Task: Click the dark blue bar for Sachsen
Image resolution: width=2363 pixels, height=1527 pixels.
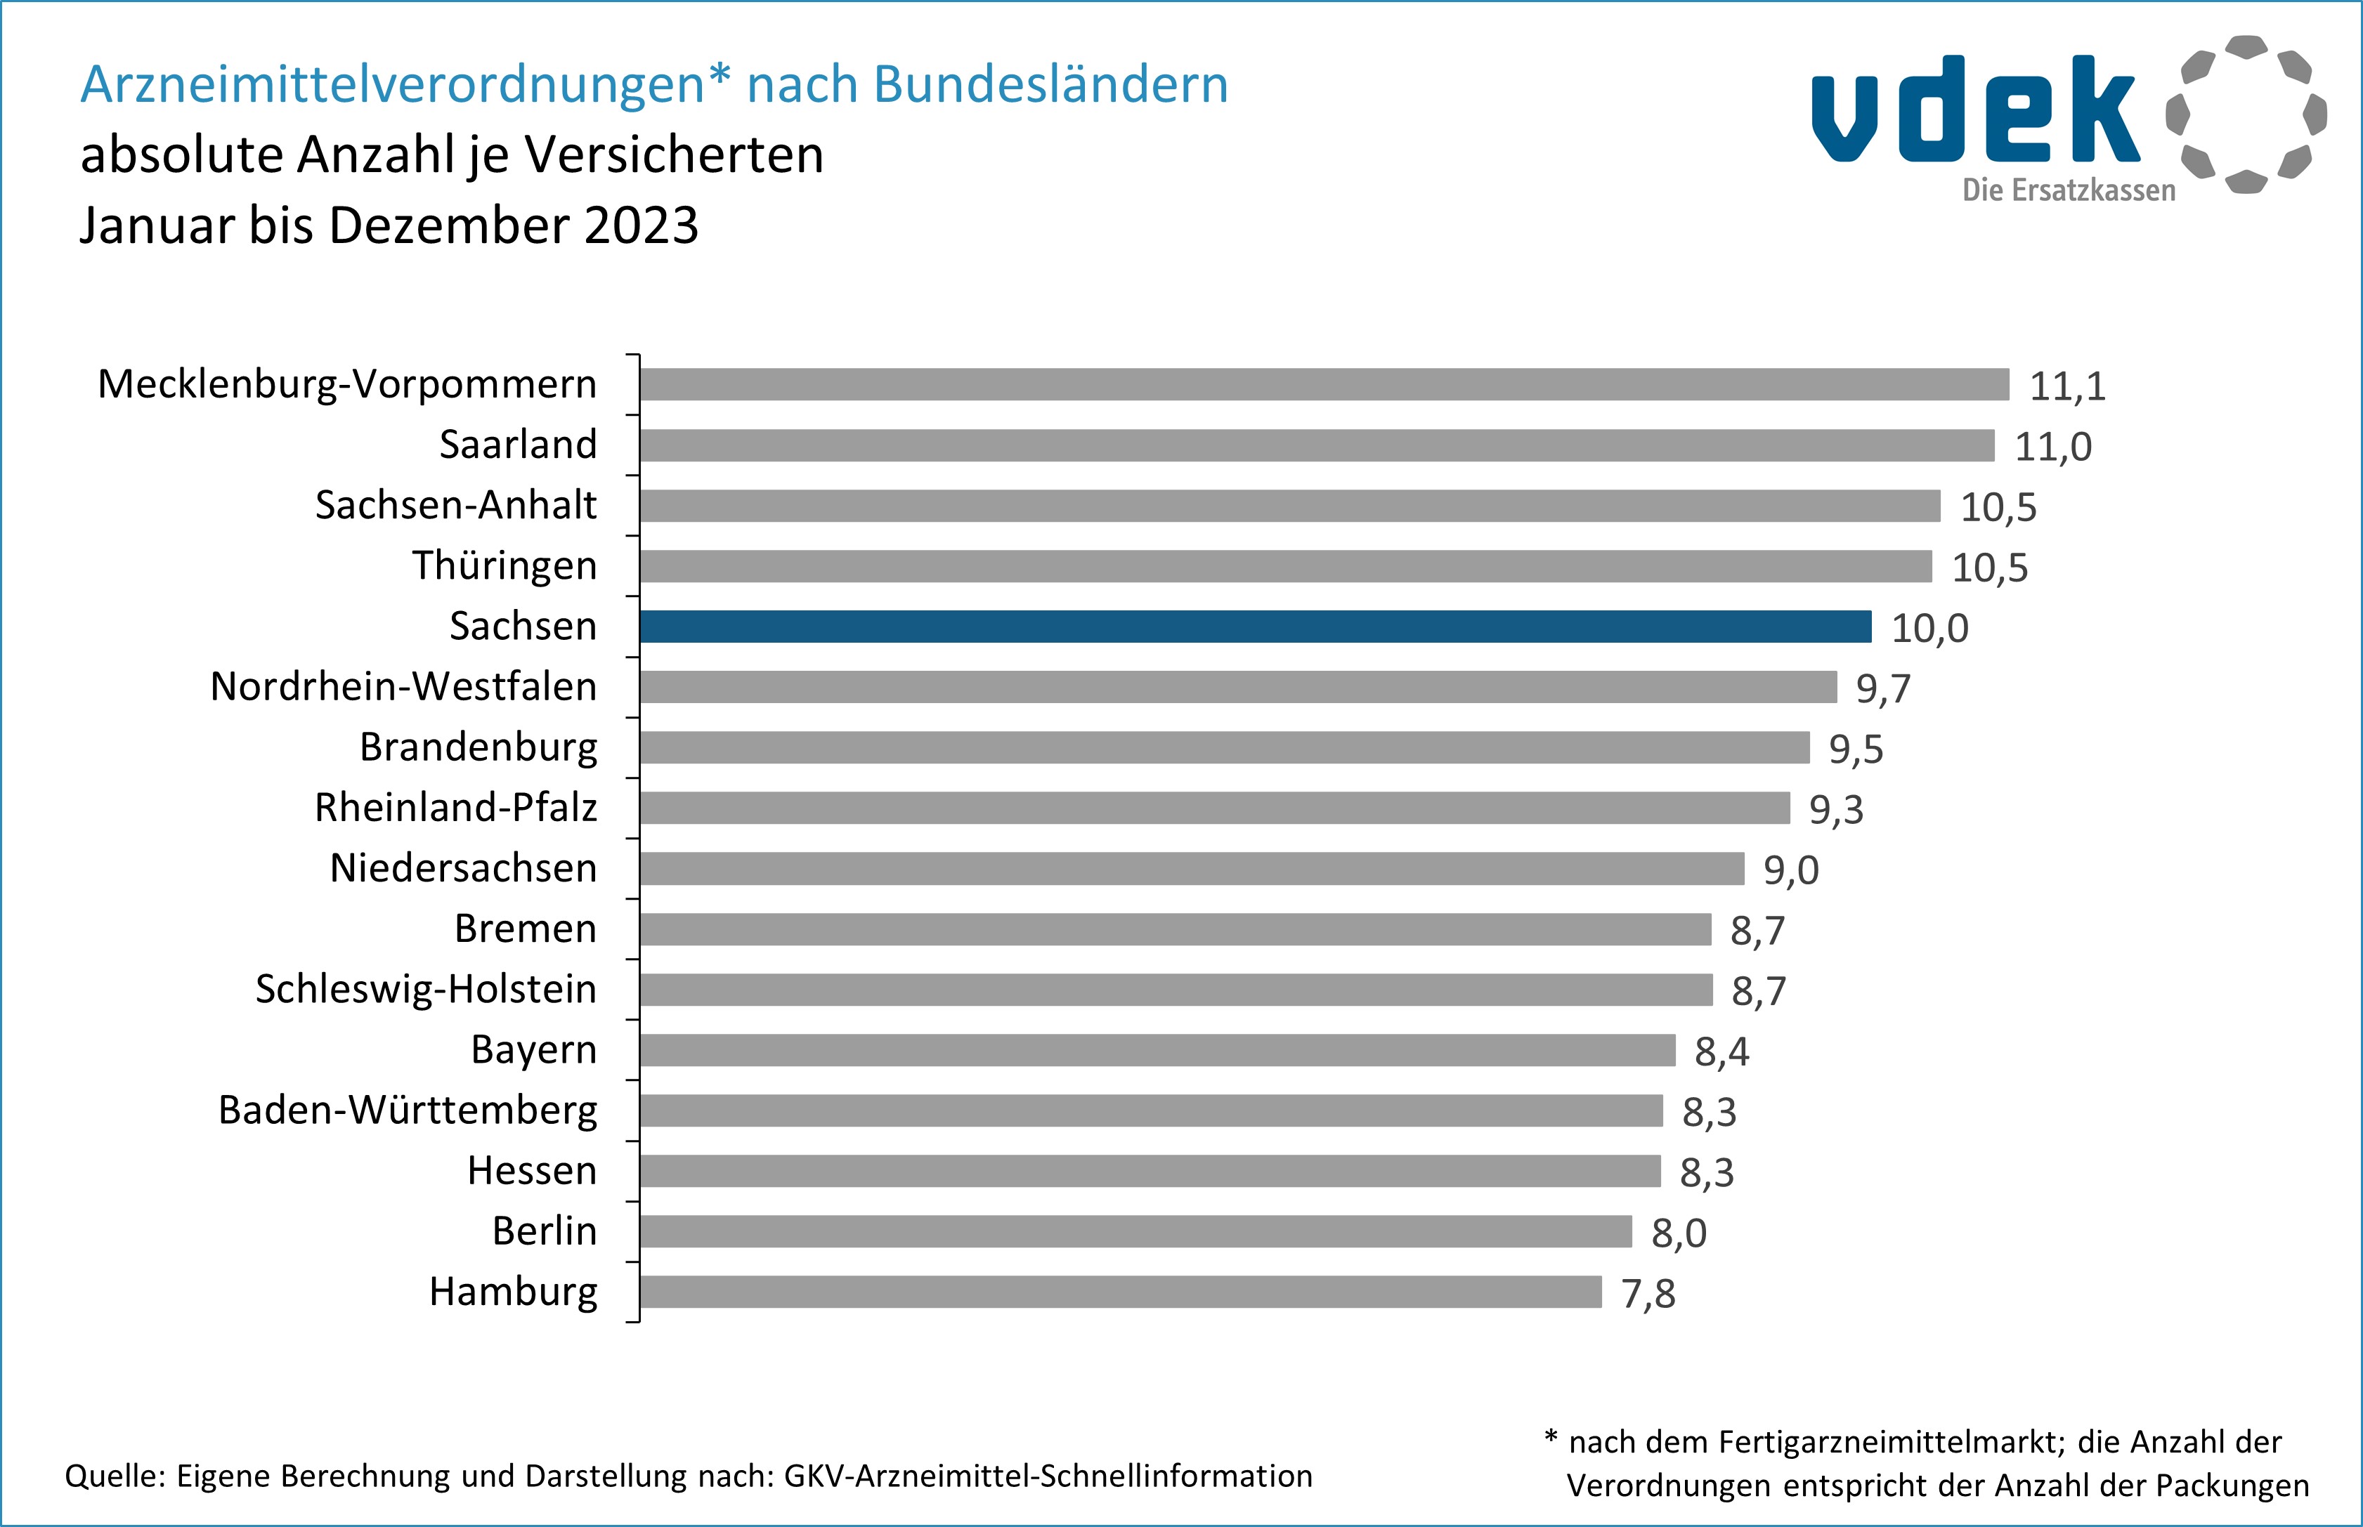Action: (x=1254, y=627)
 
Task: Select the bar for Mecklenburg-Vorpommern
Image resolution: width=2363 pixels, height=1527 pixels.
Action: (x=1324, y=385)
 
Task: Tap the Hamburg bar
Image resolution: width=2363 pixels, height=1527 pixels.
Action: (x=1121, y=1292)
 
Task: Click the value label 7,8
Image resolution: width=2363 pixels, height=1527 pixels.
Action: (x=1648, y=1294)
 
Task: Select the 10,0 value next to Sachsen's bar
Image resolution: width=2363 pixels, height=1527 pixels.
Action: (x=1929, y=629)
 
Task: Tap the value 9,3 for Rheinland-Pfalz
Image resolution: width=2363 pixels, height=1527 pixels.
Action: (x=1835, y=810)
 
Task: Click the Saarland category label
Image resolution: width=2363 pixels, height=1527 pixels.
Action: (x=518, y=444)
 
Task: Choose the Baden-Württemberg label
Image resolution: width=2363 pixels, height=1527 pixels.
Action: (x=408, y=1110)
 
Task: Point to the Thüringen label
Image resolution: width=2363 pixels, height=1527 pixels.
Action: (x=505, y=565)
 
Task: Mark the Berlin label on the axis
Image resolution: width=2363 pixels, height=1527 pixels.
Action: (x=545, y=1231)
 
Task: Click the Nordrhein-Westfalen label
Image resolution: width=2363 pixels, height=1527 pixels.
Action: (x=403, y=686)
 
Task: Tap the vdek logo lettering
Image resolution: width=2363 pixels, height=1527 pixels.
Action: (x=1973, y=111)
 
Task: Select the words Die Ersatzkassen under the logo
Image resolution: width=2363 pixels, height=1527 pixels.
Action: (x=2069, y=190)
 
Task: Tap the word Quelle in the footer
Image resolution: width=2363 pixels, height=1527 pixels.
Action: (x=114, y=1476)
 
